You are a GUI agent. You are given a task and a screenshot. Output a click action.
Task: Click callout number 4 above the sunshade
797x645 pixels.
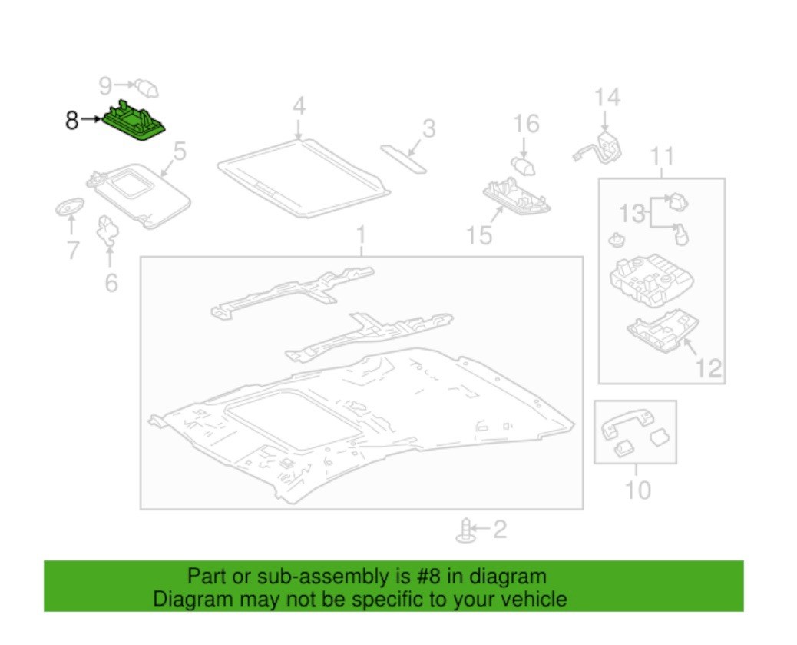[299, 105]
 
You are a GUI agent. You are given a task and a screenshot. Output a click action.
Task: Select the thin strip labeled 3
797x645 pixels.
[404, 157]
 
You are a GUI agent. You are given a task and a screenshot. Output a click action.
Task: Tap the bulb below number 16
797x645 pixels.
[524, 164]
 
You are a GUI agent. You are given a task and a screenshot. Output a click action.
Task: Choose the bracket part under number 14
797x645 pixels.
[604, 146]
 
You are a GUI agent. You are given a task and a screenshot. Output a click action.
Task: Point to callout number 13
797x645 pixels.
[632, 214]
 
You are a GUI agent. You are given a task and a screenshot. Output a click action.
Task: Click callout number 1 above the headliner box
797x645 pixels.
[361, 234]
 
